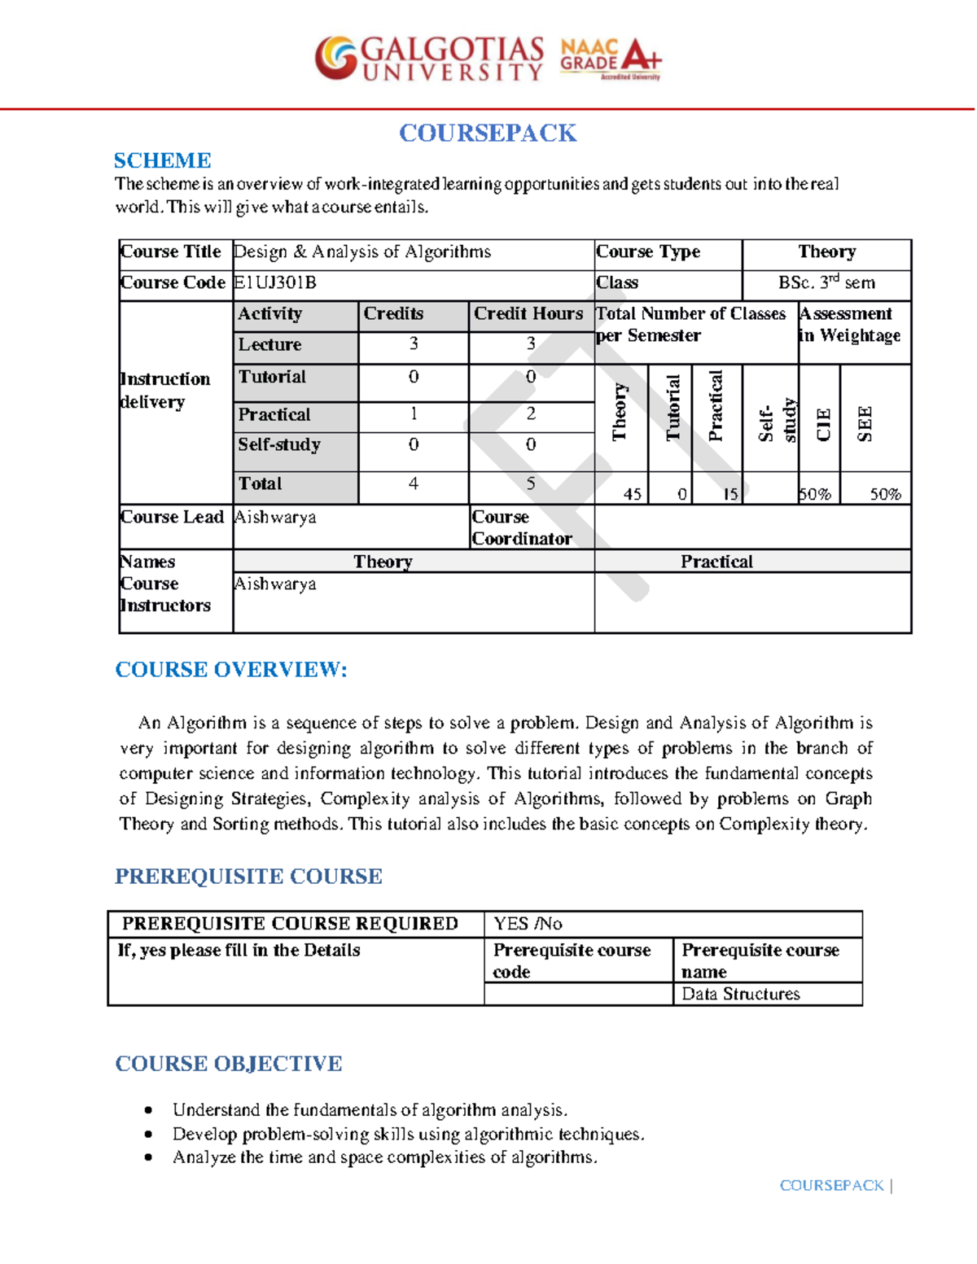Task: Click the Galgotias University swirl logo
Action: tap(336, 58)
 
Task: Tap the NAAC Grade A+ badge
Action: tap(611, 59)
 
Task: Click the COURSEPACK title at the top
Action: tap(488, 133)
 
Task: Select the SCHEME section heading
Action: tap(162, 160)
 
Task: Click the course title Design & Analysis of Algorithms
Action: tap(362, 252)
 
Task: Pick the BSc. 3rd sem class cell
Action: tap(826, 282)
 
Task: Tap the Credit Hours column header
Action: tap(528, 314)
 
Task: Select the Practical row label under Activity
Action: tap(274, 414)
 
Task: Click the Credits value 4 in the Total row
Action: tap(414, 483)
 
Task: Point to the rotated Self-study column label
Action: tap(777, 420)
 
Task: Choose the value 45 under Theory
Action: tap(632, 494)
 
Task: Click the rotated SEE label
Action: tap(865, 423)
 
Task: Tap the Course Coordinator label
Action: tap(522, 527)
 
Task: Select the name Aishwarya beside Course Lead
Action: tap(275, 517)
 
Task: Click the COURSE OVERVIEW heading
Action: tap(231, 670)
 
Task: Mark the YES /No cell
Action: tap(528, 924)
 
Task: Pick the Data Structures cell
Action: tap(741, 994)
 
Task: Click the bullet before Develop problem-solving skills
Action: tap(148, 1134)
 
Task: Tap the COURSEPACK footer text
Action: tap(831, 1186)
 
